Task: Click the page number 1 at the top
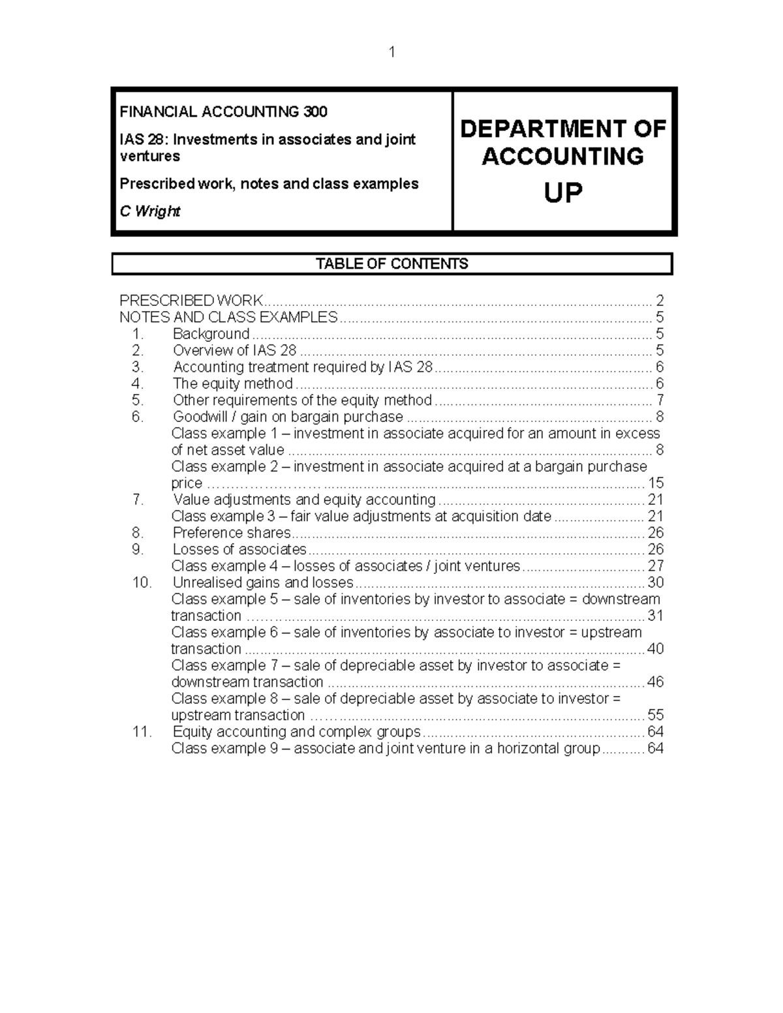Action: (x=391, y=52)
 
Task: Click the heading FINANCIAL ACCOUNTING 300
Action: (x=223, y=112)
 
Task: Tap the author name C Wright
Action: (x=149, y=211)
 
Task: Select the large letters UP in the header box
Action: (x=562, y=193)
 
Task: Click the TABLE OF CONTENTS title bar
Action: (x=391, y=264)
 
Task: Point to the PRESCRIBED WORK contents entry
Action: (x=191, y=301)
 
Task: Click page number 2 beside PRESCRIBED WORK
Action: (x=660, y=301)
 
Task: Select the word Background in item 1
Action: (x=211, y=334)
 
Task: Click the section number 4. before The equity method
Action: (x=137, y=384)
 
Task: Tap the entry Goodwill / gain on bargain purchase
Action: (x=288, y=417)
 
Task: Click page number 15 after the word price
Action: (x=655, y=483)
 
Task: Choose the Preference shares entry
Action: (x=232, y=533)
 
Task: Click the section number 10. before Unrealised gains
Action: (x=141, y=582)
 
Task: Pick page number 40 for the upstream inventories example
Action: (x=654, y=649)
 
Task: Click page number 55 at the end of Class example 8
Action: (x=655, y=716)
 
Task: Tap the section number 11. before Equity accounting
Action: (x=141, y=732)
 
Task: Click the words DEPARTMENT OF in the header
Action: (x=562, y=129)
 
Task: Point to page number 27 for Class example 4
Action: (x=655, y=566)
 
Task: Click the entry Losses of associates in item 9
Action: (x=239, y=549)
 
